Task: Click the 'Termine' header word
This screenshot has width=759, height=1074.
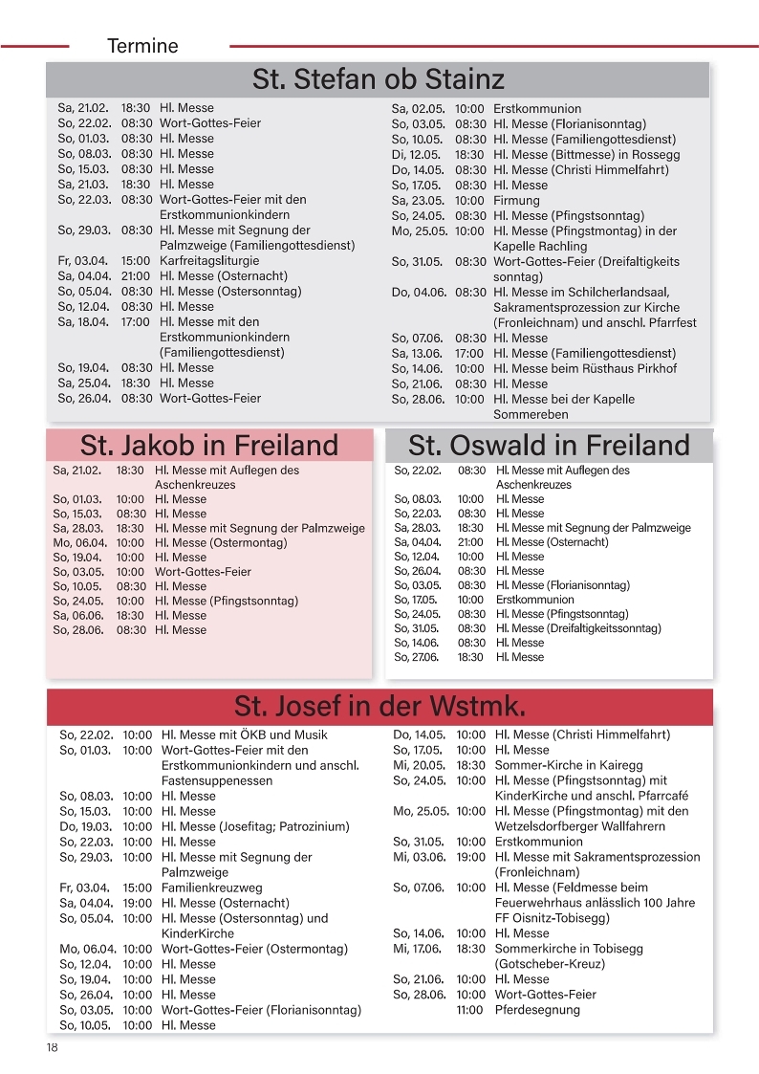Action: [x=142, y=46]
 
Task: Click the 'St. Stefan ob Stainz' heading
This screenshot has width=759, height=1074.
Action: [x=378, y=78]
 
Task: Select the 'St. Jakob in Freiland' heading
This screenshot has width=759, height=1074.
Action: [x=209, y=446]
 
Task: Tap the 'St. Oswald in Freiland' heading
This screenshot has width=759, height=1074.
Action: [x=549, y=446]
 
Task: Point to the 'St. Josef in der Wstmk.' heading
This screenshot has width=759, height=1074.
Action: [x=379, y=707]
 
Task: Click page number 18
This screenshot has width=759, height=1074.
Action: [x=52, y=1048]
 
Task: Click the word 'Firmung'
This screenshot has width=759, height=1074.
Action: [x=516, y=201]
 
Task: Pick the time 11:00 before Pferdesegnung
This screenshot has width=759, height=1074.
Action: [x=469, y=1010]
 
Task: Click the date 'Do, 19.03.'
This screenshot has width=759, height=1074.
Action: [x=86, y=826]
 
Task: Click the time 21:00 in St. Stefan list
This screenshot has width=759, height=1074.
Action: [x=136, y=276]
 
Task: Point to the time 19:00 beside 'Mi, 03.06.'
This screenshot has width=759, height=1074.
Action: [x=469, y=857]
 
